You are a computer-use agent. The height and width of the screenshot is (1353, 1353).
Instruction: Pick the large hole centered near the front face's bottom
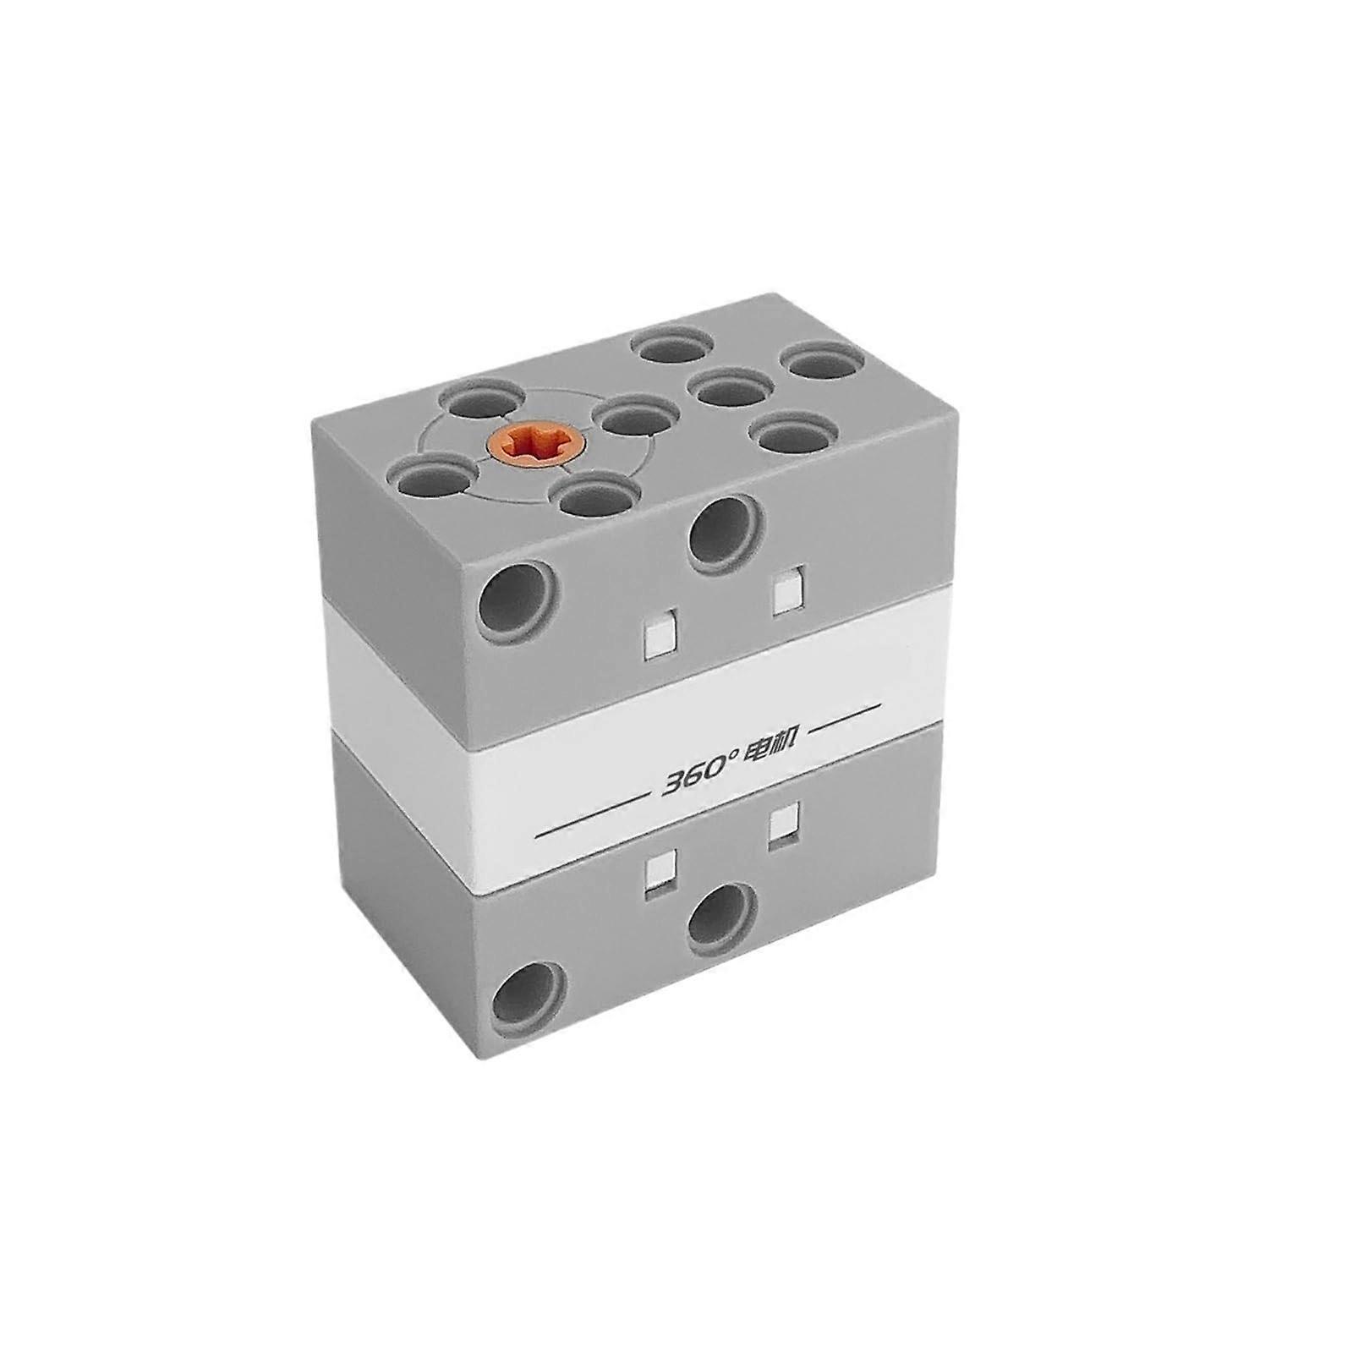(722, 917)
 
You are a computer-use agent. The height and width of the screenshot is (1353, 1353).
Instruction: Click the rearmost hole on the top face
(674, 348)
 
